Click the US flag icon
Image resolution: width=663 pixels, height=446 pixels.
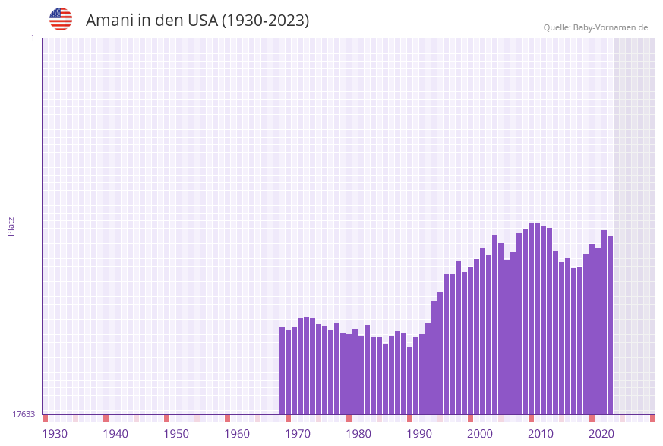pyautogui.click(x=61, y=19)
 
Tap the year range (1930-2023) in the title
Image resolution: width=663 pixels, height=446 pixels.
pyautogui.click(x=264, y=21)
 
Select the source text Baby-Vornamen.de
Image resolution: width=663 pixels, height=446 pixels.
pyautogui.click(x=610, y=27)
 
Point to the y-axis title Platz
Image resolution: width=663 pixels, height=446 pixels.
pyautogui.click(x=11, y=226)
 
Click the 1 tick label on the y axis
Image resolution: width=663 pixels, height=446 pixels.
pyautogui.click(x=32, y=38)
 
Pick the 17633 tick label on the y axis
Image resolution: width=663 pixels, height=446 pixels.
pyautogui.click(x=24, y=414)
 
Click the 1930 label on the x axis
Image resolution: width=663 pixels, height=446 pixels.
pyautogui.click(x=55, y=434)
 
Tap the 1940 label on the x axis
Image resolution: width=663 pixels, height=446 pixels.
pyautogui.click(x=115, y=434)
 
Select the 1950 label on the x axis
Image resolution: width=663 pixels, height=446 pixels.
pyautogui.click(x=176, y=434)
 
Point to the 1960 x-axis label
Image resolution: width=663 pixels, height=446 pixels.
pyautogui.click(x=237, y=434)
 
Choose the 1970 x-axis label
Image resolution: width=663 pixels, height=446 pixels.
pyautogui.click(x=298, y=434)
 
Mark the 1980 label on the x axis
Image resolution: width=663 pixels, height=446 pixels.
pyautogui.click(x=358, y=434)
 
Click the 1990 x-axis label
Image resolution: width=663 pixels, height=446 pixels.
pyautogui.click(x=419, y=434)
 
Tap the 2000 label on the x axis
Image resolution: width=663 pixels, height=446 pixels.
pyautogui.click(x=480, y=434)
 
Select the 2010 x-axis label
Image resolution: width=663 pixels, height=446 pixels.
pyautogui.click(x=541, y=434)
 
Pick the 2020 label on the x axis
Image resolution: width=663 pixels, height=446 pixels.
pyautogui.click(x=601, y=434)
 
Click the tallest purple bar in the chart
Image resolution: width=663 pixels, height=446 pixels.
pyautogui.click(x=532, y=319)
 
